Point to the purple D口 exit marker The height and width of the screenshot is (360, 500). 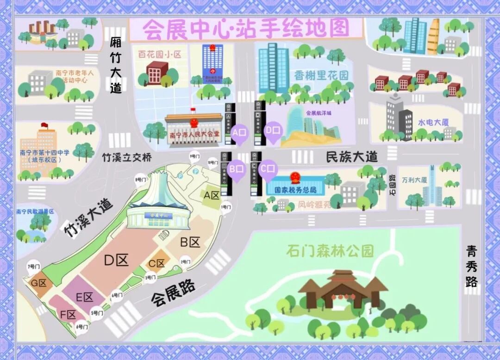coord(273,131)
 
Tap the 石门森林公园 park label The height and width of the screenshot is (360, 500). coord(330,251)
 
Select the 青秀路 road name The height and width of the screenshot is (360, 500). coord(472,266)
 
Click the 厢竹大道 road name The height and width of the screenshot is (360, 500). coord(116,65)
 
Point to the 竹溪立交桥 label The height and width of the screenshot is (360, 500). coord(126,157)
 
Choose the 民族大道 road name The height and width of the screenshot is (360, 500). coord(351,156)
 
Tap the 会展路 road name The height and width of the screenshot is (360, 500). coord(173,293)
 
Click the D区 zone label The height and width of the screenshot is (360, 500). coord(116,261)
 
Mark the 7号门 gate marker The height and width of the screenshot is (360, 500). coord(33,267)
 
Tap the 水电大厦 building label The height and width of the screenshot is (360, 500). coord(433,123)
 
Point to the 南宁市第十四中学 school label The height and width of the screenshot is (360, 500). coord(39,153)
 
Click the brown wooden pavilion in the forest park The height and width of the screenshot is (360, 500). coord(343,289)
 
